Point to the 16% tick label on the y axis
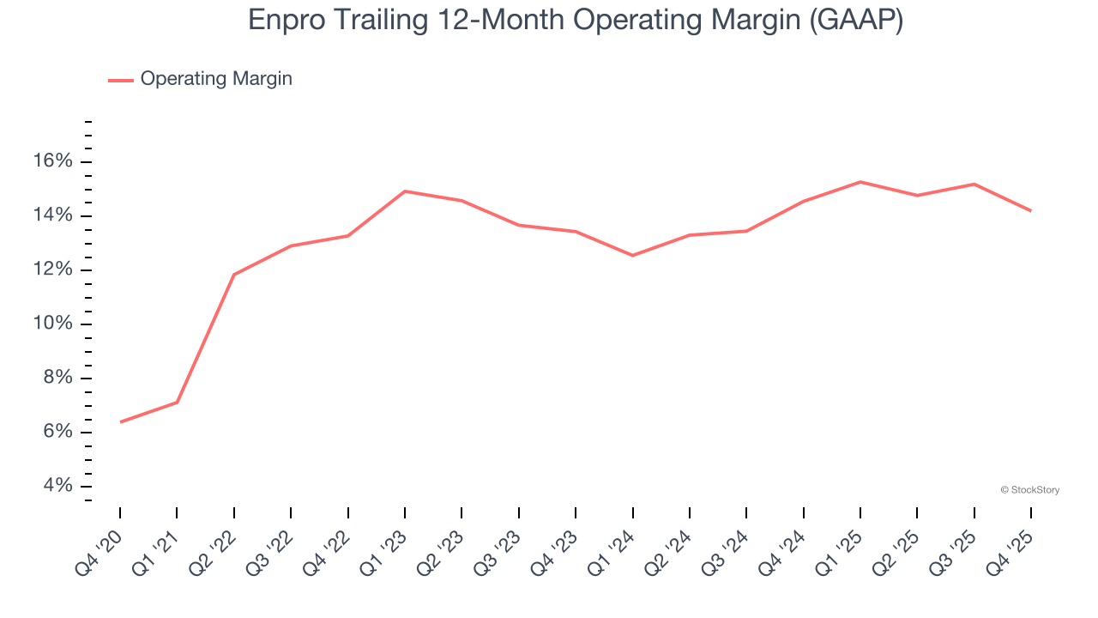coord(51,161)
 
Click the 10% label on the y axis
coord(51,324)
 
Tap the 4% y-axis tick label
coord(57,486)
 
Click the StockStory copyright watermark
coord(1029,490)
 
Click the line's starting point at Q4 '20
coord(120,421)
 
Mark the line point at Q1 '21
coord(177,403)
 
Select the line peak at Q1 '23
coord(405,191)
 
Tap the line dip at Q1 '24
coord(632,256)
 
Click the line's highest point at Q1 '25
coord(860,182)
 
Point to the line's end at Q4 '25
coord(1030,210)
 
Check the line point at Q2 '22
coord(234,275)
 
